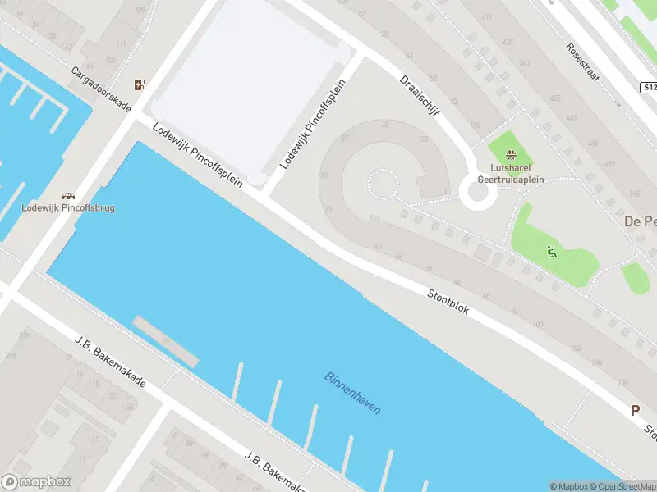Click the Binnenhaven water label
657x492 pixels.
pyautogui.click(x=353, y=394)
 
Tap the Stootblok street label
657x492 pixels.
pyautogui.click(x=448, y=302)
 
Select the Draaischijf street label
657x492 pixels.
pyautogui.click(x=417, y=97)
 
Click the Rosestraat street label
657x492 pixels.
pyautogui.click(x=583, y=61)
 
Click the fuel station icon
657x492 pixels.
pyautogui.click(x=140, y=84)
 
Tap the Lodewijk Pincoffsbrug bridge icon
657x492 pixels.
pyautogui.click(x=68, y=195)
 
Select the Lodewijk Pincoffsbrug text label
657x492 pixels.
pyautogui.click(x=68, y=208)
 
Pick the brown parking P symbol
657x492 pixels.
pyautogui.click(x=635, y=411)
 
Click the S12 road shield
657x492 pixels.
pyautogui.click(x=649, y=87)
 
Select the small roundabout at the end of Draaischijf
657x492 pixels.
pyautogui.click(x=476, y=194)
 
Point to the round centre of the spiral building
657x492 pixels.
pyautogui.click(x=381, y=184)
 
